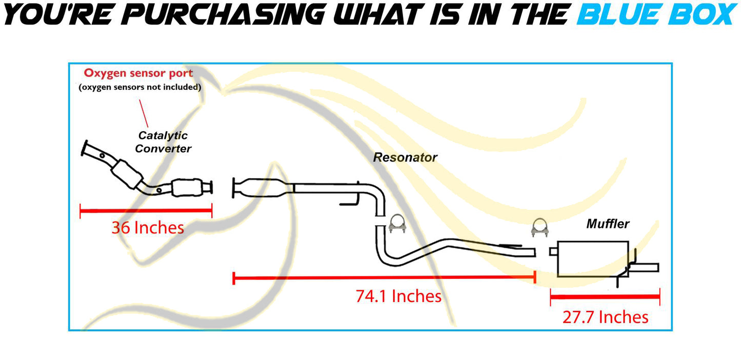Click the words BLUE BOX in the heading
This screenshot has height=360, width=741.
coord(656,14)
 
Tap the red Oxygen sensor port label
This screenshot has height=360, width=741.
coord(138,73)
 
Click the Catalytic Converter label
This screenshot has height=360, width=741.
coord(164,142)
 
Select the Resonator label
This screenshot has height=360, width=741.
coord(405,157)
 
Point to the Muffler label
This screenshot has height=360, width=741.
coord(608,224)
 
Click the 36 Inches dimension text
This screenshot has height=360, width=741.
coord(148,228)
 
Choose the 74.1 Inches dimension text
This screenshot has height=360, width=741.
coord(398,296)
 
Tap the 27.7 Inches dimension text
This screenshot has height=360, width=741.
coord(606,317)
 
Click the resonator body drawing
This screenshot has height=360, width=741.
coord(262,187)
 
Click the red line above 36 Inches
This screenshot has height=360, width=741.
coord(146,210)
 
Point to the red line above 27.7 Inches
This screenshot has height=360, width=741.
coord(605,296)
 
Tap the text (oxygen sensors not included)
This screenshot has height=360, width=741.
coord(139,87)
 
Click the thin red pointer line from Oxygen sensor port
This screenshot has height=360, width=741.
coord(143,113)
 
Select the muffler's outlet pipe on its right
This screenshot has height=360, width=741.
coord(646,267)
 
